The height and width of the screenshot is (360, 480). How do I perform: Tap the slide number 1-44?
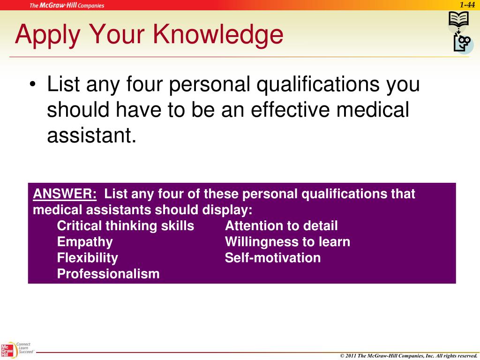[x=467, y=5]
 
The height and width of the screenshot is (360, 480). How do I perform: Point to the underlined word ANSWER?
[x=65, y=194]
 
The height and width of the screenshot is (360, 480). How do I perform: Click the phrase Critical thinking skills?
[x=125, y=226]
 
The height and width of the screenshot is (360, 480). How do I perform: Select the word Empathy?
[x=85, y=242]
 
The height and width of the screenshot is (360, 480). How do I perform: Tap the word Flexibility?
[x=88, y=258]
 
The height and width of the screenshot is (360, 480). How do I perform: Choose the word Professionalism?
[x=108, y=274]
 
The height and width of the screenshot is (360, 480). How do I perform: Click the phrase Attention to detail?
[x=281, y=226]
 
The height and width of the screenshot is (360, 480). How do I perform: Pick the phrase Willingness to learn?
[x=287, y=242]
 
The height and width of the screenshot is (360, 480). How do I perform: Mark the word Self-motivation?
[x=273, y=258]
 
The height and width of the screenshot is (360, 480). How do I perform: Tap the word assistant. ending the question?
[x=91, y=135]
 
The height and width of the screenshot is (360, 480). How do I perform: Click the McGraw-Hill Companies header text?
[x=67, y=6]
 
